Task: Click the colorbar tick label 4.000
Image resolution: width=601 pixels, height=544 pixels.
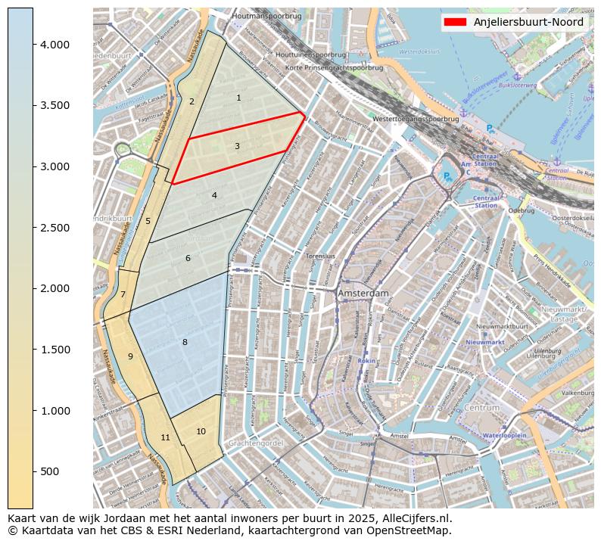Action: click(x=54, y=45)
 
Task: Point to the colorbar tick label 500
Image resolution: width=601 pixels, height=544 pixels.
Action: click(x=50, y=471)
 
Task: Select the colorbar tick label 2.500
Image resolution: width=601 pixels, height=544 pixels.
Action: click(x=54, y=228)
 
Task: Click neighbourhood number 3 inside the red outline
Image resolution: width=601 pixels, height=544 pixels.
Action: click(x=237, y=146)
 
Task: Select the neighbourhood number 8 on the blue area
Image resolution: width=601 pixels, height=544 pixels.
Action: click(x=185, y=343)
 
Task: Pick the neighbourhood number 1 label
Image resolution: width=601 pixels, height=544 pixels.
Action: click(x=238, y=98)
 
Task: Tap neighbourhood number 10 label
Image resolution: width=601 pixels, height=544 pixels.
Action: click(x=201, y=431)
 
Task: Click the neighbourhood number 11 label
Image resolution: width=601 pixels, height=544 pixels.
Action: click(x=165, y=437)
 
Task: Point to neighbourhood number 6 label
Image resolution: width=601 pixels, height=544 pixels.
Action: click(x=188, y=259)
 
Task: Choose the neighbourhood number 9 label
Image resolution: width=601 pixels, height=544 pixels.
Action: click(x=130, y=356)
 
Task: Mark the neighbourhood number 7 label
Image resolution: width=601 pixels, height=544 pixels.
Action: click(x=123, y=294)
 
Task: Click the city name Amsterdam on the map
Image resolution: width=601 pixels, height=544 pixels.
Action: click(x=363, y=293)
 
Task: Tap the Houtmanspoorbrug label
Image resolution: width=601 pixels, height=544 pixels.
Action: click(x=267, y=15)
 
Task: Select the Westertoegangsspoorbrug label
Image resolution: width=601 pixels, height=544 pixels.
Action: click(x=416, y=119)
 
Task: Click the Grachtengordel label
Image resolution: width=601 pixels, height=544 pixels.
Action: click(x=255, y=443)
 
